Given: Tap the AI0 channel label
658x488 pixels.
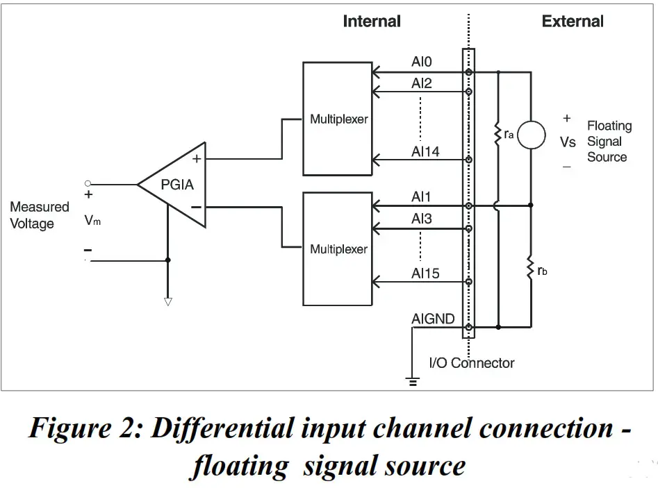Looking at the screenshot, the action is [x=421, y=62].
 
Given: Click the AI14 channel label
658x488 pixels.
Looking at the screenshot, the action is [x=425, y=151].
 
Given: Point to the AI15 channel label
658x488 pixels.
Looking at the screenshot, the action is [x=425, y=274].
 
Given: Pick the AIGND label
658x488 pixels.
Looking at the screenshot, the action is [x=433, y=319].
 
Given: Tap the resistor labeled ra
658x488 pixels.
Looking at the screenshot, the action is [x=498, y=134].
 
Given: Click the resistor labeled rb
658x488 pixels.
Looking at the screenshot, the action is [x=531, y=267].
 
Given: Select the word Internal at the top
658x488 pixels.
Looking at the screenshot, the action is [x=372, y=21].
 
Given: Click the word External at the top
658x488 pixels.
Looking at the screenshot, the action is [x=573, y=21].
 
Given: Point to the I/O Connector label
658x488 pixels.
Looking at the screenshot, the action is [x=472, y=362].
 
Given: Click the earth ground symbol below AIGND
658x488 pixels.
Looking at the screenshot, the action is [x=413, y=382].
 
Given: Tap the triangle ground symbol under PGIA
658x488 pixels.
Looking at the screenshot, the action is [x=168, y=301].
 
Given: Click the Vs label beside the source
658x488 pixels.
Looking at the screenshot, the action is [x=568, y=142].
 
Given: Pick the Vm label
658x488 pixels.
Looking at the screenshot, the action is [x=92, y=220].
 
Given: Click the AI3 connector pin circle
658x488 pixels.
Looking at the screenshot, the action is [x=469, y=228].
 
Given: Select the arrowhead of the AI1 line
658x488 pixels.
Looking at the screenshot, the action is [x=376, y=206].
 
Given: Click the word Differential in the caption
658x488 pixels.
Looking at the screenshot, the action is [x=222, y=428].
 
